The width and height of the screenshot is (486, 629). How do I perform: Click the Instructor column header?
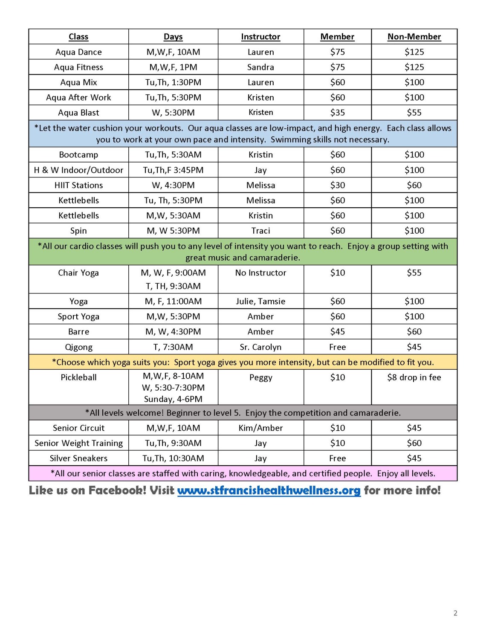coord(260,37)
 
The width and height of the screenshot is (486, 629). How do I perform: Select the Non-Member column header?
coord(414,37)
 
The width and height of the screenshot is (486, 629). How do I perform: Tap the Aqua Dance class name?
coord(78,52)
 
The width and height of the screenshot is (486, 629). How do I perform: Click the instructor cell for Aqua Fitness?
coord(260,67)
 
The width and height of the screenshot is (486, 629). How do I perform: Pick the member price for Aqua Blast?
coord(337,113)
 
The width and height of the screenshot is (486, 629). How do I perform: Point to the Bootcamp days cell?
coord(173,155)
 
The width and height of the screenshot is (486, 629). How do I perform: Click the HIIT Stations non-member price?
coord(414,185)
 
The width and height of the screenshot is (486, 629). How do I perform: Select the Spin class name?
coord(78,231)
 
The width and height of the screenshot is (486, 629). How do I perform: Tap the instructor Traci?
coord(260,231)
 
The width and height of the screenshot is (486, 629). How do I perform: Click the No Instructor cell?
coord(260,273)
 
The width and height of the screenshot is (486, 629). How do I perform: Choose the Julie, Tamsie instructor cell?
coord(260,301)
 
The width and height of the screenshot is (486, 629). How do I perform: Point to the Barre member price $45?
coord(337,332)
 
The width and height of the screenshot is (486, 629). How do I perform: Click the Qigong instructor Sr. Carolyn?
coord(260,347)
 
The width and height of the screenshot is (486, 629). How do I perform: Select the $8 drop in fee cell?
coord(414,377)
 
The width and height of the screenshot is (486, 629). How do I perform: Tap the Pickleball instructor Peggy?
coord(260,377)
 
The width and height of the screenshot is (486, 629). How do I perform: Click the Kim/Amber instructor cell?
coord(260,428)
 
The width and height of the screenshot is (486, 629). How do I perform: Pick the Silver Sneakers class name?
coord(78,458)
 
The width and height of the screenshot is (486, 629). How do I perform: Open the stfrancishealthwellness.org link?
coord(269,490)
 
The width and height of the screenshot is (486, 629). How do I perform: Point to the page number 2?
coord(455,613)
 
